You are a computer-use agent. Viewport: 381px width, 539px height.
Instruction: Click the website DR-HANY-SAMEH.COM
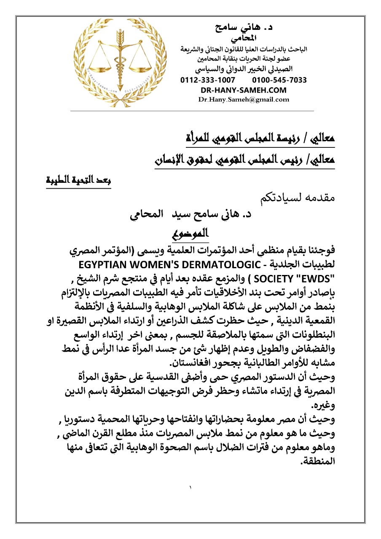[244, 90]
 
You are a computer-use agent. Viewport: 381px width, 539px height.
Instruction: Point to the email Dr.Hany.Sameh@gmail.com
[244, 100]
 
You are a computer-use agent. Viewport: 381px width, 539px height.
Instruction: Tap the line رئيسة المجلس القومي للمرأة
[260, 139]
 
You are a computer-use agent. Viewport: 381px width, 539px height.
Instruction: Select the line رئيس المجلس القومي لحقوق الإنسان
[243, 160]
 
